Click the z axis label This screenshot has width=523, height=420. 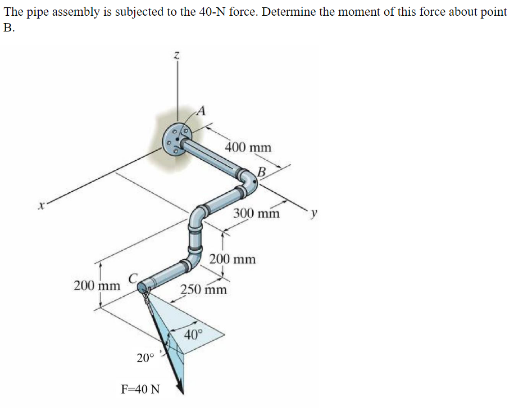tap(177, 55)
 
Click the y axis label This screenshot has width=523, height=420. tap(316, 214)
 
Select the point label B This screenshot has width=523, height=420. tap(261, 171)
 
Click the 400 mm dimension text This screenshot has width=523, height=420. tap(248, 147)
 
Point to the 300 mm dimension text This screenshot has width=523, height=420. tap(256, 213)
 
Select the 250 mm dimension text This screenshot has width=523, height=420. tap(203, 290)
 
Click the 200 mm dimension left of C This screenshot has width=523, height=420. tap(97, 285)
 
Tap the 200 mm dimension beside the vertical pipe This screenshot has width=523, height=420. tap(233, 259)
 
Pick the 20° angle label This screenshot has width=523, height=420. tap(145, 358)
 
